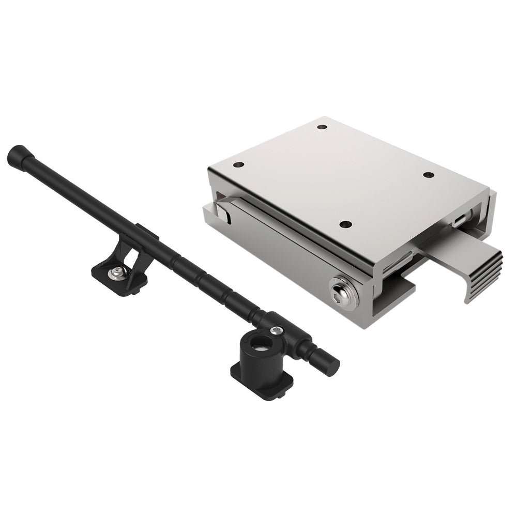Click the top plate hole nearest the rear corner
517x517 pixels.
coord(322,127)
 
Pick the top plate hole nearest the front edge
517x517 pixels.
coord(346,224)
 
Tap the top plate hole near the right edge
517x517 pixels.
coord(428,175)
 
